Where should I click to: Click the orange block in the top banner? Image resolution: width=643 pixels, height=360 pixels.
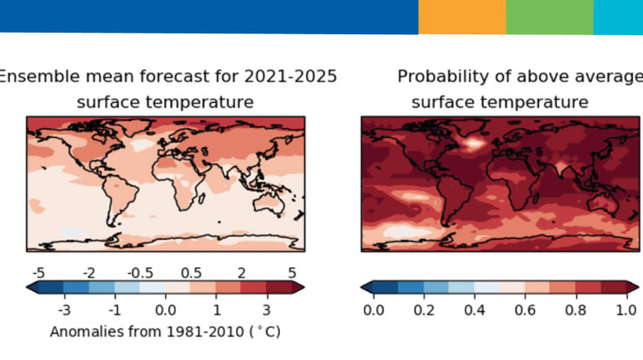[462, 17]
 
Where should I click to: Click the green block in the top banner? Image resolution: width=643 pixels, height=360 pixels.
[549, 17]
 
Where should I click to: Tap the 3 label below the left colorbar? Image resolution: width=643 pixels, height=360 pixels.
[265, 310]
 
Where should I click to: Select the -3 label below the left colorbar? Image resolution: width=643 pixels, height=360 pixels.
[64, 310]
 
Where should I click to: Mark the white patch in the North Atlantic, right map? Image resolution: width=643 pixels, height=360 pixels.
[475, 143]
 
